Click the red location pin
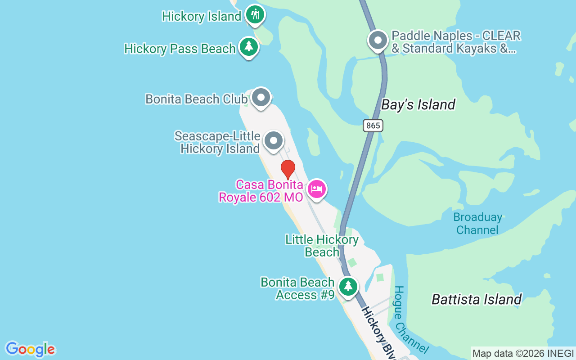point(288,170)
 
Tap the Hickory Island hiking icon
point(255,15)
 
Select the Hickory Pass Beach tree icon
point(248,47)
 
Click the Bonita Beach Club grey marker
point(261,97)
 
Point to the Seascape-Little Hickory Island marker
point(273,141)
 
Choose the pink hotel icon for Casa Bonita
point(317,189)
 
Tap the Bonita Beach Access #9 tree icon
point(348,287)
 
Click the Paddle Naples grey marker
point(378,40)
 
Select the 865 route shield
point(373,126)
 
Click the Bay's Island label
point(418,105)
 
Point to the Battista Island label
point(477,299)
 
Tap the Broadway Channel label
point(477,224)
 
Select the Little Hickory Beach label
point(322,246)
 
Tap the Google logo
point(30,349)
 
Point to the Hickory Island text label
point(202,17)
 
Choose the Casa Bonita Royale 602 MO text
point(270,191)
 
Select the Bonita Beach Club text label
point(196,99)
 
